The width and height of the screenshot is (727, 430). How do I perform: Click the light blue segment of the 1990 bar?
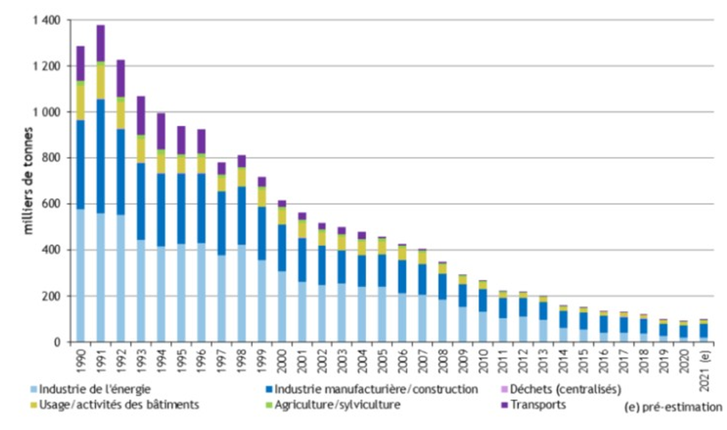pos(81,276)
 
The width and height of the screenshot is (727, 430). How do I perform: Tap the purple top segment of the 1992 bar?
pos(121,78)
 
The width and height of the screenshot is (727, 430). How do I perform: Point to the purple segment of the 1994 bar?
pos(160,130)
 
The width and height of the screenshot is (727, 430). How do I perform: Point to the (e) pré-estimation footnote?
pos(680,406)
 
